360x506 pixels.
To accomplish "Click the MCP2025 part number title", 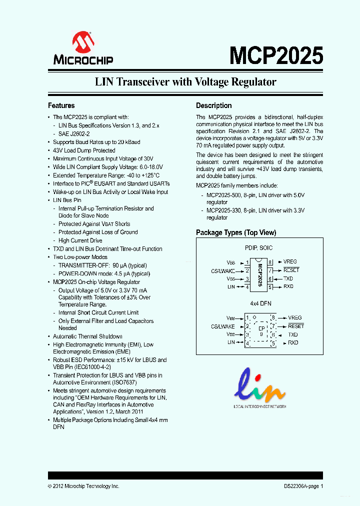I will click(x=276, y=55).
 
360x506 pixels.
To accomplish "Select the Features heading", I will click(x=61, y=105).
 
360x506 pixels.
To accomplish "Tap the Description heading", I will click(x=213, y=105).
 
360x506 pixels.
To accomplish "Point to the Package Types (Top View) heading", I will click(x=236, y=232).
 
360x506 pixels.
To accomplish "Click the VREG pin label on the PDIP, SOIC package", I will click(x=290, y=261).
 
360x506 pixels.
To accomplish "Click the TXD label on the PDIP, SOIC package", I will click(x=288, y=278).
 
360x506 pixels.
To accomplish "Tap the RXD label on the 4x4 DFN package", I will click(x=293, y=342).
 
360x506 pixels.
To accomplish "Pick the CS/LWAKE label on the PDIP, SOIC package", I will click(x=223, y=270).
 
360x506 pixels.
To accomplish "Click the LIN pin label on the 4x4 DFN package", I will click(x=231, y=342).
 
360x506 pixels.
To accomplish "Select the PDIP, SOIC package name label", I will click(x=258, y=247).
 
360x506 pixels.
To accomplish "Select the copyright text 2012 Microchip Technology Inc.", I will click(x=86, y=486).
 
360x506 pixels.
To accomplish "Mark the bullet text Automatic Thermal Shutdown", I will click(x=87, y=336).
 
